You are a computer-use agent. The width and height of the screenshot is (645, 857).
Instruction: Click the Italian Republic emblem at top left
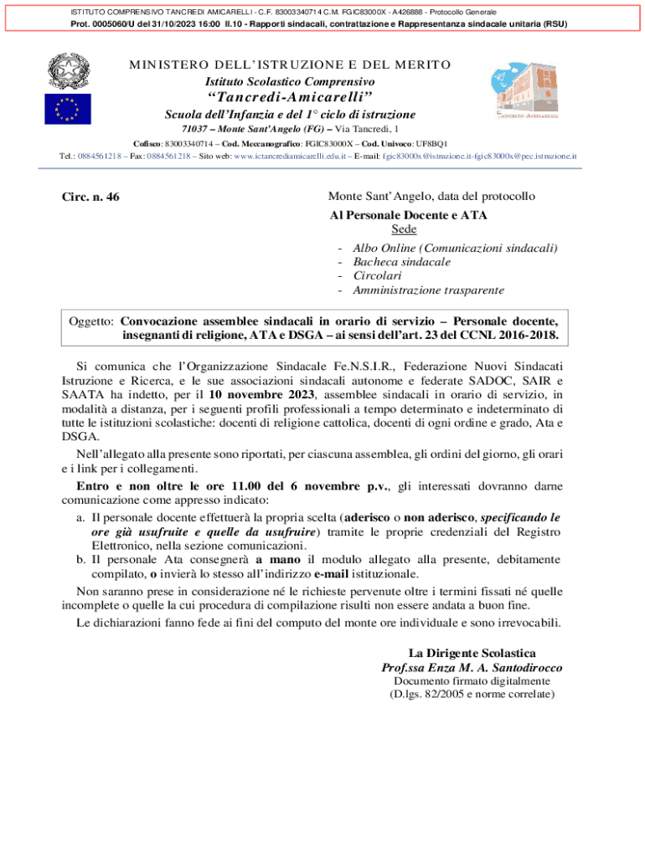pyautogui.click(x=61, y=69)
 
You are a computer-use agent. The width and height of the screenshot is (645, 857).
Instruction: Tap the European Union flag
pyautogui.click(x=61, y=109)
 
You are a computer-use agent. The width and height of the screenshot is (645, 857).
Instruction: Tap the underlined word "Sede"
pyautogui.click(x=405, y=229)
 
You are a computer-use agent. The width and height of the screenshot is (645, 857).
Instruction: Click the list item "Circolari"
pyautogui.click(x=377, y=276)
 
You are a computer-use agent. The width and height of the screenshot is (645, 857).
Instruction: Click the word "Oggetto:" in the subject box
pyautogui.click(x=90, y=321)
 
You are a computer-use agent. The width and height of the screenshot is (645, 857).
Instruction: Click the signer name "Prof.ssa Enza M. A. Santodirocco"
pyautogui.click(x=472, y=668)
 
